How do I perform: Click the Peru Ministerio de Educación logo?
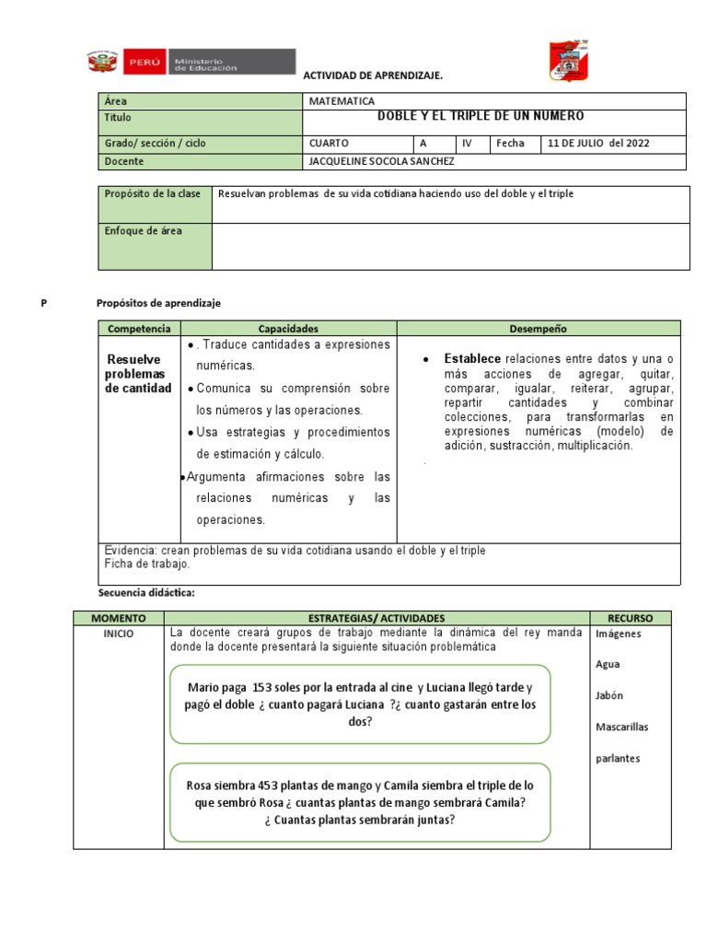pos(191,62)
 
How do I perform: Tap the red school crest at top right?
pos(568,60)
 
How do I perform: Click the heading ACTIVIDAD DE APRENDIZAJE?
pos(373,75)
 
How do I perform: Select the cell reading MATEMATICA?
pos(342,101)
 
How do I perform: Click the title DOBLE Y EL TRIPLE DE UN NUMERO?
pos(481,117)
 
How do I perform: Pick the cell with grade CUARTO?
pos(329,144)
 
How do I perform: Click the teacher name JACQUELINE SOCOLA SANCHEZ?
pos(382,162)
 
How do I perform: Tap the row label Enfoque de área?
pos(143,231)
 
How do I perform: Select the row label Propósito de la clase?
pos(152,194)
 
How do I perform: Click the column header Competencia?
pos(139,329)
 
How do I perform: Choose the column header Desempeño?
pos(538,329)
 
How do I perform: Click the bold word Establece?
pos(472,358)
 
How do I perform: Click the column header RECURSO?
pos(630,618)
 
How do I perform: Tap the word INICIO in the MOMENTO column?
pos(119,634)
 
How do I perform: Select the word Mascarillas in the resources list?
pos(621,728)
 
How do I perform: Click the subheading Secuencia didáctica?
pos(146,592)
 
